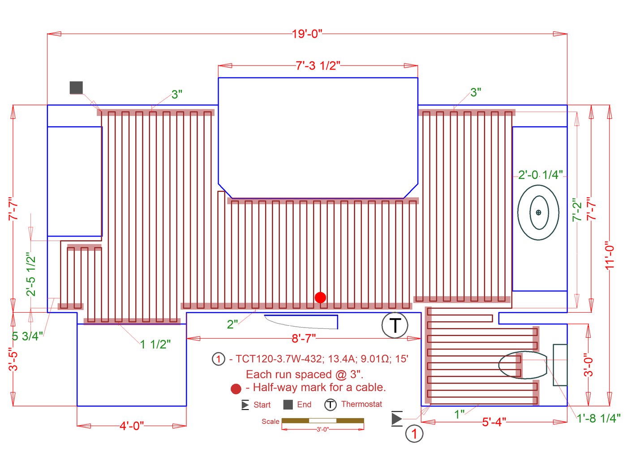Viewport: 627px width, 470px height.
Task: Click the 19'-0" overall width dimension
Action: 307,34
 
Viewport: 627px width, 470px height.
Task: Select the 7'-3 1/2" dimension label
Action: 318,66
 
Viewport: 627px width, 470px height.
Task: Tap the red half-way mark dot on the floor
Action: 320,298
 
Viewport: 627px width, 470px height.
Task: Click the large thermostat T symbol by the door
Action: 395,325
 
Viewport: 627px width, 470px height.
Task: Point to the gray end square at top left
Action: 77,87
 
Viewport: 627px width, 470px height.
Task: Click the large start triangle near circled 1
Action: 396,418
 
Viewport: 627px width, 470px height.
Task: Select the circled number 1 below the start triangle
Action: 414,434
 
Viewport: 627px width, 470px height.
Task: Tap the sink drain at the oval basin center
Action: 538,212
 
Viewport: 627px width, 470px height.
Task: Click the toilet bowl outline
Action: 523,365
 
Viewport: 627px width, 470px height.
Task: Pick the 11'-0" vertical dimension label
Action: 610,255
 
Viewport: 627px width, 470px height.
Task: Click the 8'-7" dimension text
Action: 304,338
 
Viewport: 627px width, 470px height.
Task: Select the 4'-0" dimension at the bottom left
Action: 132,426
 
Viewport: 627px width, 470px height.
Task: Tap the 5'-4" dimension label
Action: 494,422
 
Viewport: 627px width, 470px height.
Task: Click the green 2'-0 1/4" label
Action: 540,175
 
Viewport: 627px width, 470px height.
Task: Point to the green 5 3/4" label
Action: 27,336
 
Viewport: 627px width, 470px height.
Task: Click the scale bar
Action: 322,420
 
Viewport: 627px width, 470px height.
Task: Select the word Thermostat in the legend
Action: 361,404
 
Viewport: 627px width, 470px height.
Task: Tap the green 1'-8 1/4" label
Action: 598,418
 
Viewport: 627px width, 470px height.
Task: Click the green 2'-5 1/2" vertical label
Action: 30,274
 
